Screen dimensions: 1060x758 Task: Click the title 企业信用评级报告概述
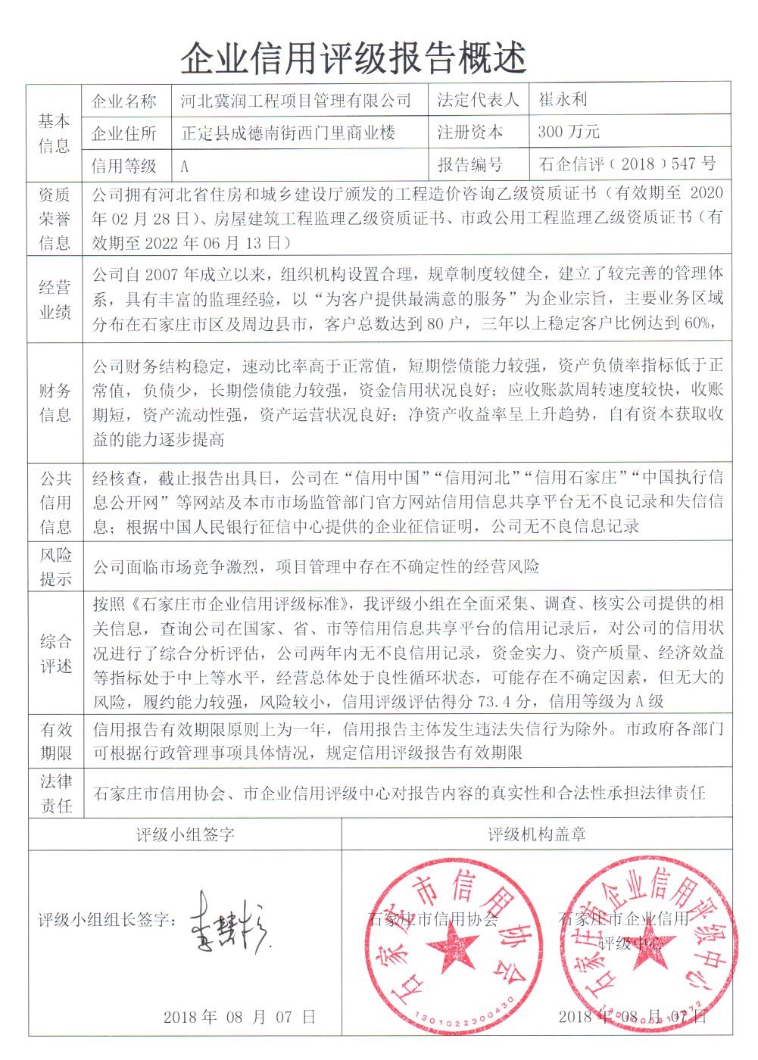[x=354, y=57]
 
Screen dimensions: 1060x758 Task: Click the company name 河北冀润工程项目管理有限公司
[x=296, y=101]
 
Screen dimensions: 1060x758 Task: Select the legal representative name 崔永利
[x=563, y=100]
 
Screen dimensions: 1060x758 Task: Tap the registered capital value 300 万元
[x=569, y=132]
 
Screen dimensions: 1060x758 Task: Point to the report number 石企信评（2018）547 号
[x=626, y=164]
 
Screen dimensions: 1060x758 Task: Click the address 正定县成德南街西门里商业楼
[x=289, y=133]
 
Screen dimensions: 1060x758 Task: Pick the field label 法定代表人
[x=479, y=101]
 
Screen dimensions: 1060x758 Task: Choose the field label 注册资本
[x=470, y=132]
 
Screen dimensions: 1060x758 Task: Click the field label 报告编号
[x=470, y=164]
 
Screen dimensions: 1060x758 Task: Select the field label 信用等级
[x=124, y=165]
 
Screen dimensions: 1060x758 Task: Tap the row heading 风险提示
[x=55, y=567]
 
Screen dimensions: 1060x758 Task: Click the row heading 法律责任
[x=55, y=793]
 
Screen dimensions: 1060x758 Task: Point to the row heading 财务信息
[x=55, y=403]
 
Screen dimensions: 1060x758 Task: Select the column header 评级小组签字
[x=186, y=835]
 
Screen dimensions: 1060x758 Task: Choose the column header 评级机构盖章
[x=537, y=835]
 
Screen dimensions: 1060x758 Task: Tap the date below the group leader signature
[x=239, y=1017]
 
